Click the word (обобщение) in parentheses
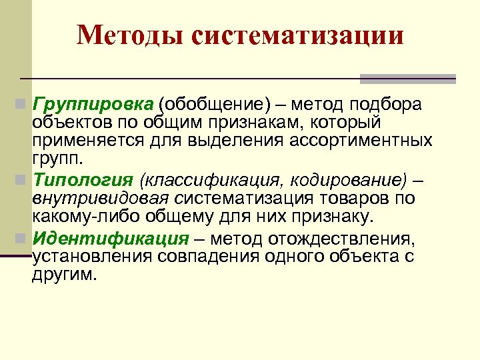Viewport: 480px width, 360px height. click(207, 105)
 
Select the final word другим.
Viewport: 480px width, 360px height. click(64, 275)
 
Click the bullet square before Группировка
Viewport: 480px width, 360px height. click(21, 105)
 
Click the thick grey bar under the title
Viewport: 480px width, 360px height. click(407, 78)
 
